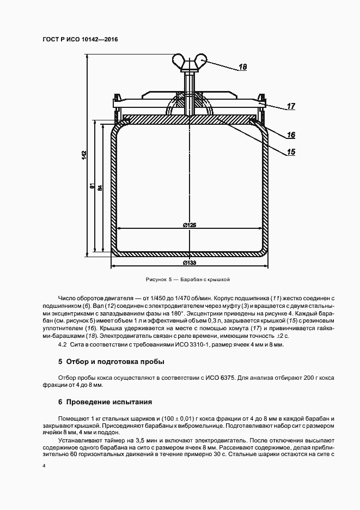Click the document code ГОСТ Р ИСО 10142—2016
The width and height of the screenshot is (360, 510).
click(80, 40)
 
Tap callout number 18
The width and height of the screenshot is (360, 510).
click(243, 68)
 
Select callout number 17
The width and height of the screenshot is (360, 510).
click(291, 107)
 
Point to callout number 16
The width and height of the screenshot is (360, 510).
click(291, 135)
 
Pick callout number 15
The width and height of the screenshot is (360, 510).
click(291, 153)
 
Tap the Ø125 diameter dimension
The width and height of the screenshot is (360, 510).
click(190, 225)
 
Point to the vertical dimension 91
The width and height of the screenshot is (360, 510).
click(93, 186)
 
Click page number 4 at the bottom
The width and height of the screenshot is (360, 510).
click(44, 466)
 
